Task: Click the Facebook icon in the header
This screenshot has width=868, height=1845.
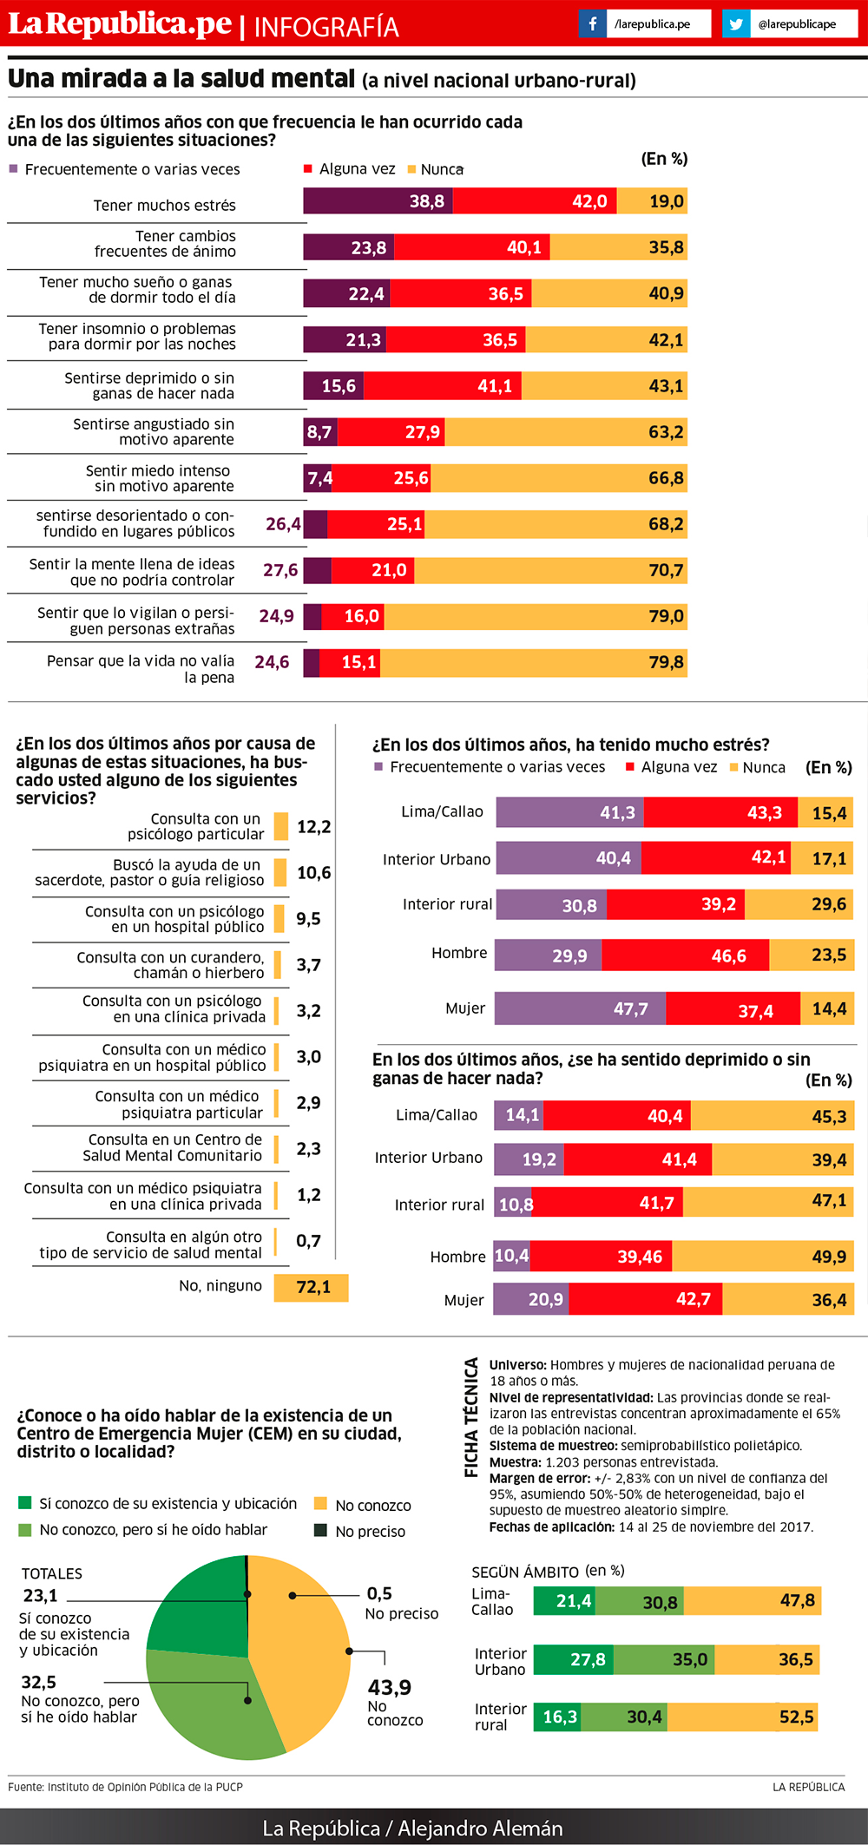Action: (x=593, y=23)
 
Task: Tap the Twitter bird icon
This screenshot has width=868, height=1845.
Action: (x=736, y=23)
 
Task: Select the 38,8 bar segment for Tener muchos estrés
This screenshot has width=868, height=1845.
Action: (x=378, y=201)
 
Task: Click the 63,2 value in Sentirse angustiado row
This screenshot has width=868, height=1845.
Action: (x=666, y=432)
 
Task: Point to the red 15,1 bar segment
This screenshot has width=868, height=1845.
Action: (x=350, y=663)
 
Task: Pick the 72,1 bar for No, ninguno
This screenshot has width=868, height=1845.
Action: (x=311, y=1287)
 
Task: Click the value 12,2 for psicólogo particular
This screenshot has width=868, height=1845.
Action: (x=313, y=827)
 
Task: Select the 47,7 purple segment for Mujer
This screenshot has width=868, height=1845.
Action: (x=580, y=1009)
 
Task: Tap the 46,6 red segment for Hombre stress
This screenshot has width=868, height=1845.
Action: (x=686, y=955)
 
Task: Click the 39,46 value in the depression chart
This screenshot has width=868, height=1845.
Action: (x=640, y=1257)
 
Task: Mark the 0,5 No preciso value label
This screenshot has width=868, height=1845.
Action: (x=379, y=1593)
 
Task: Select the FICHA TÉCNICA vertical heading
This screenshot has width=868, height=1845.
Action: (x=471, y=1417)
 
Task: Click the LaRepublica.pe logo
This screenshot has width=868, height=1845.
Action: (x=120, y=23)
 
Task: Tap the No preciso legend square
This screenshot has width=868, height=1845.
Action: (x=320, y=1530)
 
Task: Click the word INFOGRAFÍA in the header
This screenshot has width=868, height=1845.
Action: (x=326, y=27)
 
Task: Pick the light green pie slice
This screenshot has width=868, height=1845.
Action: (x=208, y=1701)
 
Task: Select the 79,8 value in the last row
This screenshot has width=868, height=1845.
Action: (x=666, y=663)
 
